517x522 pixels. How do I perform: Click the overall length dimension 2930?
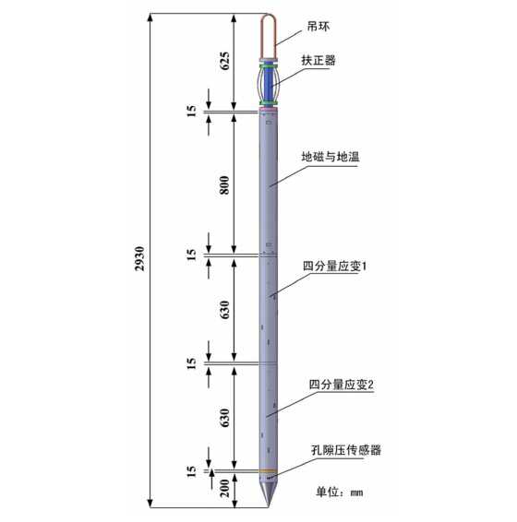click(x=140, y=258)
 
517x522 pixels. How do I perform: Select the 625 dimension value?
click(x=225, y=61)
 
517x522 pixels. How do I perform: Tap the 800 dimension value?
click(x=225, y=185)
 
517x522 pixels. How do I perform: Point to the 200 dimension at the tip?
click(x=225, y=488)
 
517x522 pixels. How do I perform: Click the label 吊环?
click(x=319, y=27)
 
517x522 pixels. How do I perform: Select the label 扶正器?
click(x=319, y=60)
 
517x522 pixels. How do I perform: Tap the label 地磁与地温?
click(x=331, y=157)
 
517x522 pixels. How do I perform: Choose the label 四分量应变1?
click(x=335, y=266)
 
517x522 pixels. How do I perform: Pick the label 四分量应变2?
click(x=342, y=385)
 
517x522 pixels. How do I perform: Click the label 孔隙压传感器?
click(x=346, y=450)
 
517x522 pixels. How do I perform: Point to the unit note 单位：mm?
click(x=340, y=492)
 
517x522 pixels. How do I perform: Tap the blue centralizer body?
click(x=269, y=83)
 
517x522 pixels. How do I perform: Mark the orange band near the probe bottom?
click(x=269, y=470)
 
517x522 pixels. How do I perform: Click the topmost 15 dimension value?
click(x=191, y=111)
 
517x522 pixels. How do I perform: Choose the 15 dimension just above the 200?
click(x=191, y=471)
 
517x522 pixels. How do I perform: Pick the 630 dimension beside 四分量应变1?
click(x=225, y=310)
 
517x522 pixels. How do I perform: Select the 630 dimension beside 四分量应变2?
click(x=225, y=418)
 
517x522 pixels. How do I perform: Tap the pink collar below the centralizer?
click(x=269, y=109)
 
